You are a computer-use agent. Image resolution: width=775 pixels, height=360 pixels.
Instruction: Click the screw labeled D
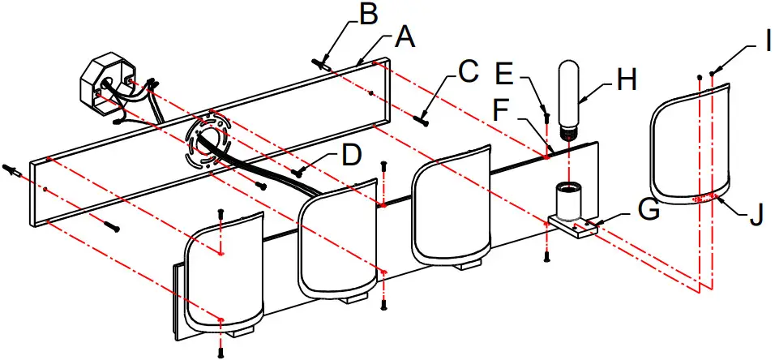pos(302,170)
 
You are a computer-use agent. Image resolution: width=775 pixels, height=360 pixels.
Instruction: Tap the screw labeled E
pos(547,116)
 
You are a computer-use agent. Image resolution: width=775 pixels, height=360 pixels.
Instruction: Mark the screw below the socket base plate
pos(547,255)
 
